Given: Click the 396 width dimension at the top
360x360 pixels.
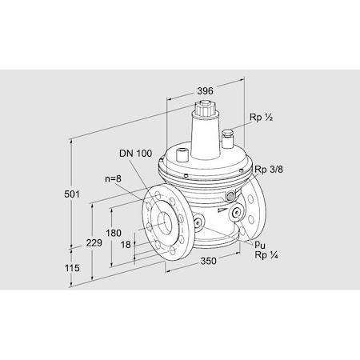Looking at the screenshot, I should coord(204,92).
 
